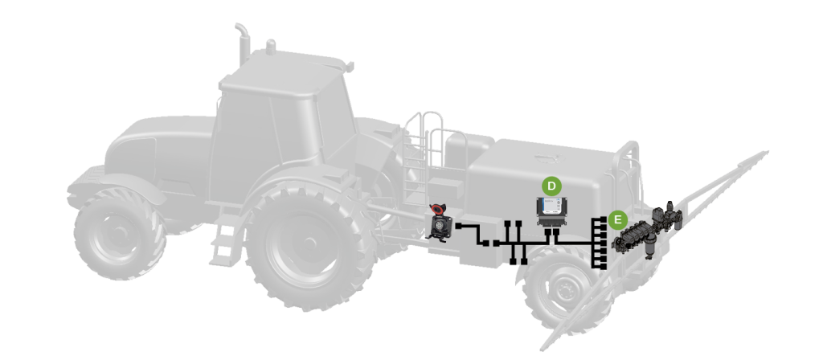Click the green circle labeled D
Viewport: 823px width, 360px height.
click(551, 186)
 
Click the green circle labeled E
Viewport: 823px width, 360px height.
click(618, 220)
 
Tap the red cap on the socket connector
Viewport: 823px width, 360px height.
click(436, 211)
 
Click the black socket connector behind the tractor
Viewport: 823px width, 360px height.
click(438, 224)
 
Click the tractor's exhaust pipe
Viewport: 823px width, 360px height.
click(243, 44)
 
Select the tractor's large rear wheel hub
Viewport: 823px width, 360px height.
click(309, 242)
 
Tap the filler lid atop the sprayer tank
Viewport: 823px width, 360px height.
click(549, 157)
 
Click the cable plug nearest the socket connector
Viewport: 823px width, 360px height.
click(458, 226)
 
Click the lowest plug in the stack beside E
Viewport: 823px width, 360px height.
click(601, 266)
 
